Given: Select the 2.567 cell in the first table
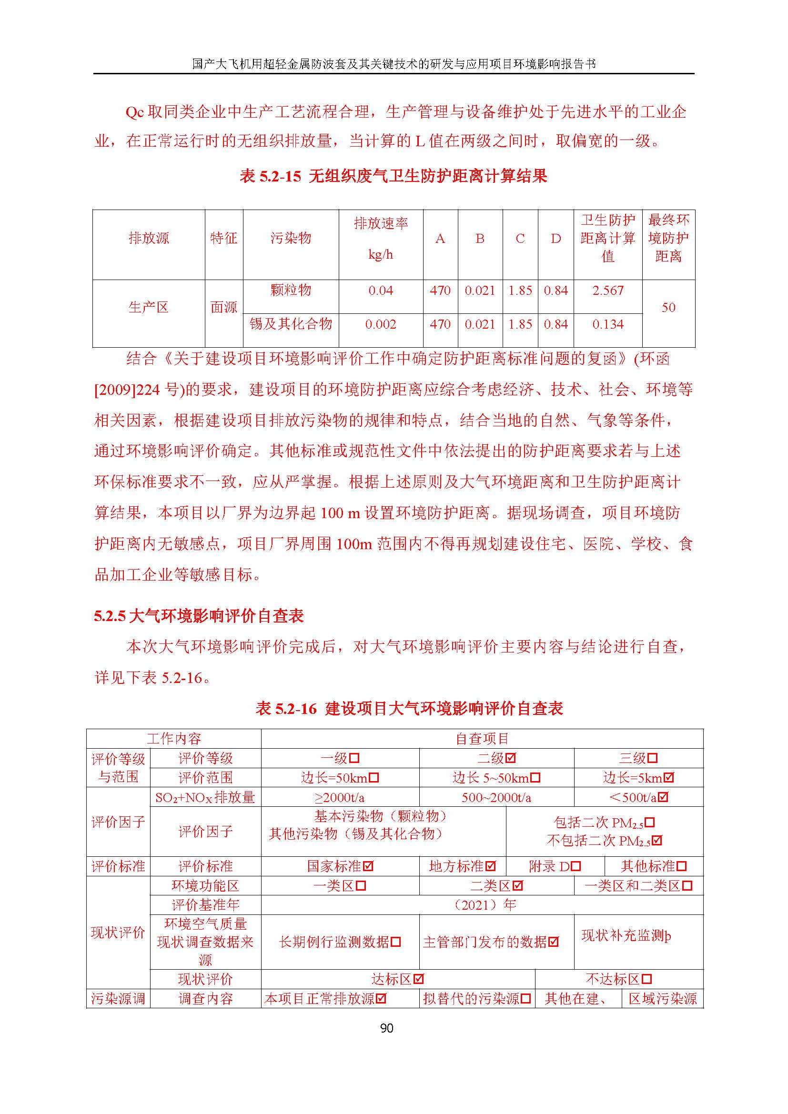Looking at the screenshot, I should point(607,291).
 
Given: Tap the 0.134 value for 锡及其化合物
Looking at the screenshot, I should point(607,324).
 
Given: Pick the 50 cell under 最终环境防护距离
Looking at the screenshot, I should point(668,307).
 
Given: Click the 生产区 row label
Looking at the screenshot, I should point(149,307).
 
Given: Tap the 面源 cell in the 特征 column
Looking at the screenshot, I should point(224,307).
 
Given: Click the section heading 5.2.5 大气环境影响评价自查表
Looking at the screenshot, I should point(199,616).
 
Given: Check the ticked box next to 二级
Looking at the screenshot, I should point(510,758).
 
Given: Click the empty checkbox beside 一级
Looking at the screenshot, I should point(354,758).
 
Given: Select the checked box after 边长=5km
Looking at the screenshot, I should point(668,778).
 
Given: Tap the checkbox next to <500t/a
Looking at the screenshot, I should point(663,797).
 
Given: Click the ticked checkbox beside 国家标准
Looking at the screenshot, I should point(368,866).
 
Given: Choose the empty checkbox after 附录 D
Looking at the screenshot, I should point(576,866).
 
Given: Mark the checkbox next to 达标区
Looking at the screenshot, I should point(419,979).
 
